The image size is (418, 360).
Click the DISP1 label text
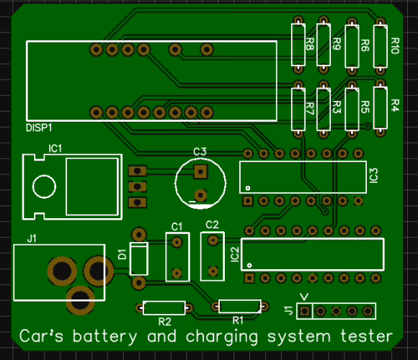[39, 128]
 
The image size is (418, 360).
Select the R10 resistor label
[395, 46]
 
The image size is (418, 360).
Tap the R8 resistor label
[310, 44]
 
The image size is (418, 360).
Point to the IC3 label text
[374, 176]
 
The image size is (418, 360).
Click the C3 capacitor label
[200, 152]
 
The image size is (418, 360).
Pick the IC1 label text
[55, 148]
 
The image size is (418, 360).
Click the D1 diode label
[122, 255]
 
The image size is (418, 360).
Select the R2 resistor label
[165, 322]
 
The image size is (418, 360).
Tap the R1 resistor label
[238, 320]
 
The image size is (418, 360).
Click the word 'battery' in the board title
[104, 336]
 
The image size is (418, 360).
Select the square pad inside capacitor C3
[201, 172]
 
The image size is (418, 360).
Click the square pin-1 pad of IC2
[249, 278]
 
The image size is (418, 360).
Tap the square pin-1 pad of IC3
[248, 201]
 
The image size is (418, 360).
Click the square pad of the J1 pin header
[305, 311]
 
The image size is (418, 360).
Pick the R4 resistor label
[395, 105]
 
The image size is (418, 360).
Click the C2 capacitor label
[212, 225]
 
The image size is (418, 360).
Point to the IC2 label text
[235, 255]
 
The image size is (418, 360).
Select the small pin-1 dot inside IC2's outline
[249, 265]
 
